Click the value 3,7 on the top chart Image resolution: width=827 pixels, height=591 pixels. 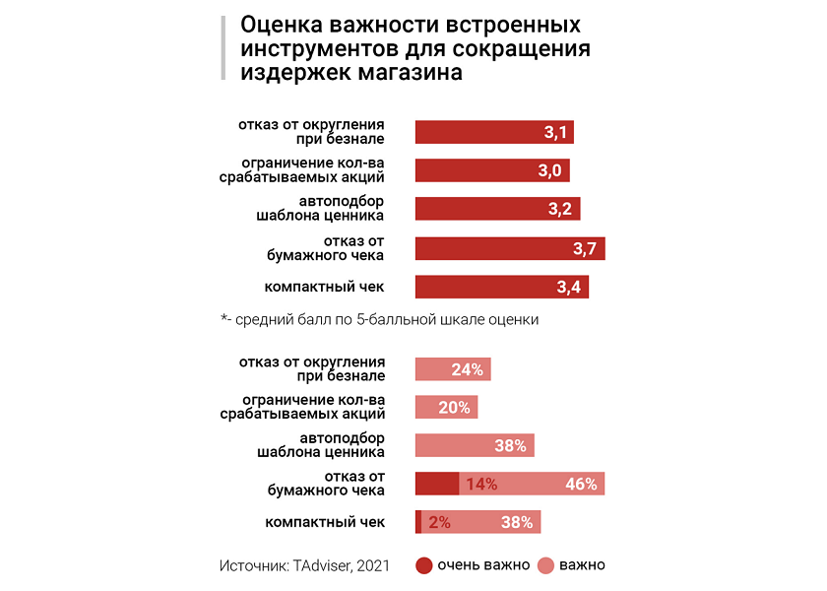point(585,248)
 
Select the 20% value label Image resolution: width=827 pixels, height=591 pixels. point(454,408)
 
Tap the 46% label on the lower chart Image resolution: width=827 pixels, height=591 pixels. point(581,484)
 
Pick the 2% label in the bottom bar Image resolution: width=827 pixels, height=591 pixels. point(439,523)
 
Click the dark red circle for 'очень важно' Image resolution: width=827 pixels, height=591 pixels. point(424,565)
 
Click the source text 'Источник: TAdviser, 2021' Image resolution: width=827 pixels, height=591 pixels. point(304,565)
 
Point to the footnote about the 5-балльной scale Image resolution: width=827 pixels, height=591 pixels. point(380,320)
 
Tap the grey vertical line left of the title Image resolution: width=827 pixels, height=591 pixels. point(223,47)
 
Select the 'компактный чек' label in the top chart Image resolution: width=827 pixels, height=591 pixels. point(324,287)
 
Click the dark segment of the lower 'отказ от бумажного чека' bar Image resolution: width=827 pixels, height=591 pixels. point(437,484)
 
